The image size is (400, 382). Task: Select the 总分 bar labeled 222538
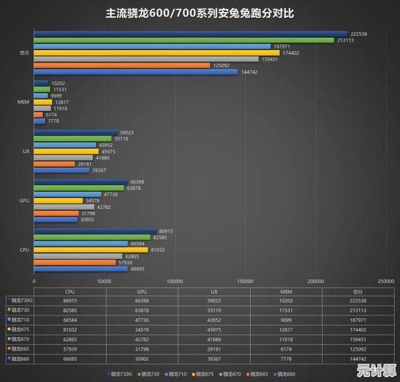pyautogui.click(x=190, y=34)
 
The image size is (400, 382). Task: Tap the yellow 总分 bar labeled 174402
pyautogui.click(x=147, y=53)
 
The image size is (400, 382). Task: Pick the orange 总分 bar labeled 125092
pyautogui.click(x=121, y=65)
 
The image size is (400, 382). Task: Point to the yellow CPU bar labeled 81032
pyautogui.click(x=91, y=249)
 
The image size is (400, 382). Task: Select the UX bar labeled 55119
pyautogui.click(x=72, y=138)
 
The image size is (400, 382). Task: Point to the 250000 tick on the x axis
pyautogui.click(x=386, y=281)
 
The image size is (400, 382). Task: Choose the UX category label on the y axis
pyautogui.click(x=26, y=151)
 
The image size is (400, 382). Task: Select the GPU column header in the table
pyautogui.click(x=142, y=291)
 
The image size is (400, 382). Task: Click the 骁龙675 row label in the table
pyautogui.click(x=20, y=329)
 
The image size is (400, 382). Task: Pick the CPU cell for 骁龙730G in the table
pyautogui.click(x=70, y=301)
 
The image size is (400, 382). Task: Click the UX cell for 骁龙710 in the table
pyautogui.click(x=214, y=319)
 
